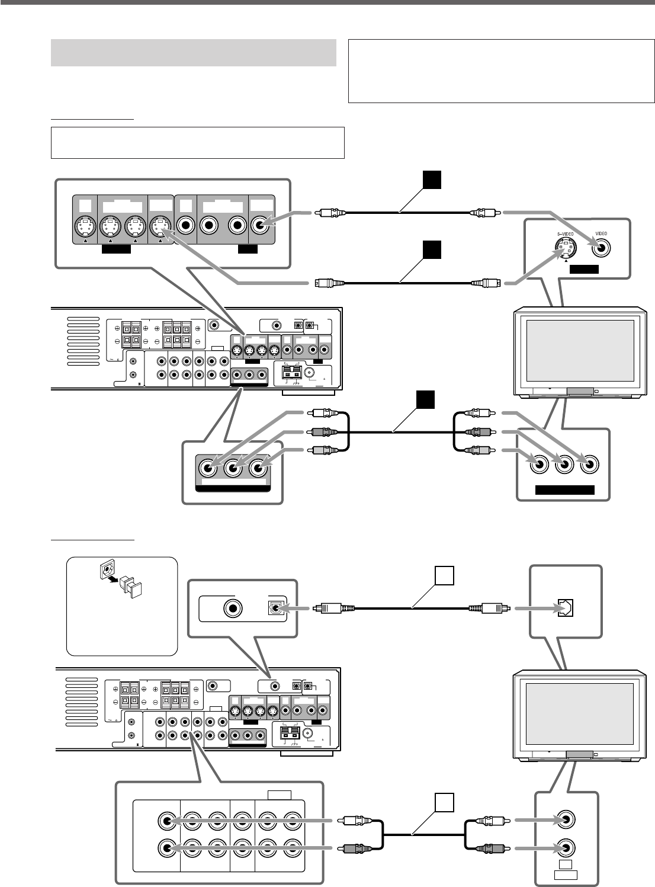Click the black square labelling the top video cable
pyautogui.click(x=432, y=180)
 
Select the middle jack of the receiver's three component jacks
pyautogui.click(x=233, y=469)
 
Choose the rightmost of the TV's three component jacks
pyautogui.click(x=589, y=465)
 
